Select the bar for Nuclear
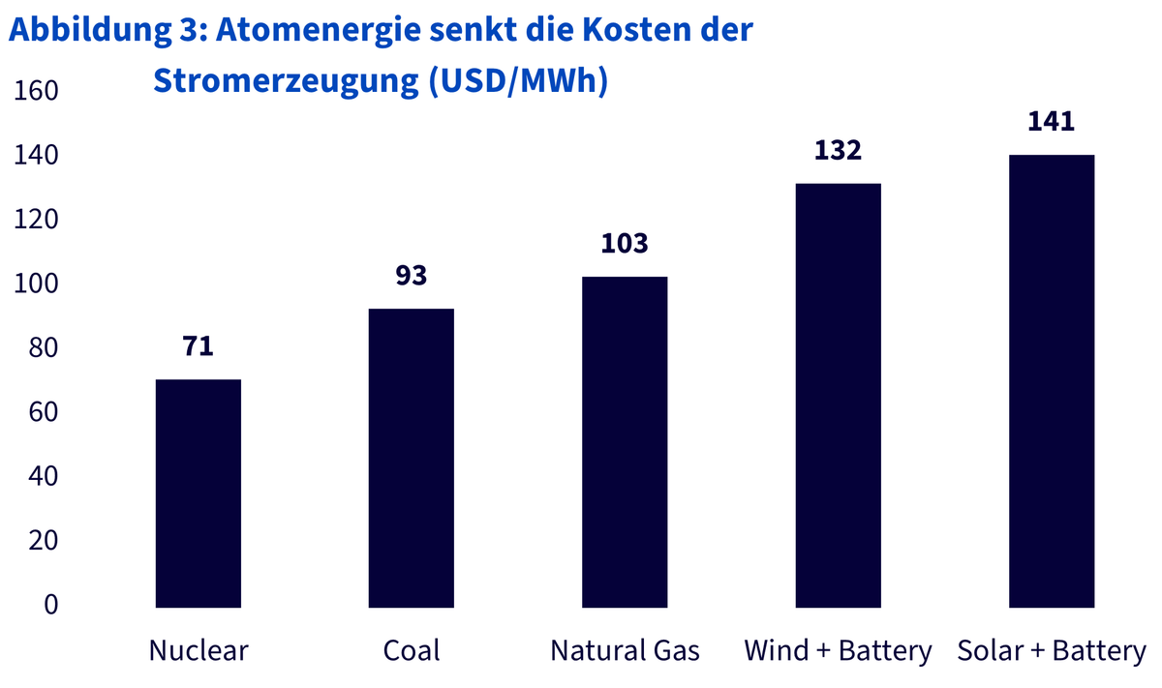[x=199, y=494]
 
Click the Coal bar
[x=412, y=458]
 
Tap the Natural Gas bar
[x=625, y=441]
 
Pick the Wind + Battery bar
[x=839, y=395]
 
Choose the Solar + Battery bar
[x=1052, y=381]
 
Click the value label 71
[x=199, y=345]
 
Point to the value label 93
[x=412, y=276]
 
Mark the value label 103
[x=625, y=243]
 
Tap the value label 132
[x=839, y=150]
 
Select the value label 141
[x=1052, y=121]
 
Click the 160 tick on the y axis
[x=36, y=91]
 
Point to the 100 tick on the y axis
[x=36, y=284]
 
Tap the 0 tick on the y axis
[x=50, y=605]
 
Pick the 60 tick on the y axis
[x=44, y=412]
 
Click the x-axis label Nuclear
[x=199, y=650]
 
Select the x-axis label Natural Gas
[x=625, y=650]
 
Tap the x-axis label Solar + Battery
[x=1052, y=651]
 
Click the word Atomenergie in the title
[x=318, y=30]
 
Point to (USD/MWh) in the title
[x=518, y=81]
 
